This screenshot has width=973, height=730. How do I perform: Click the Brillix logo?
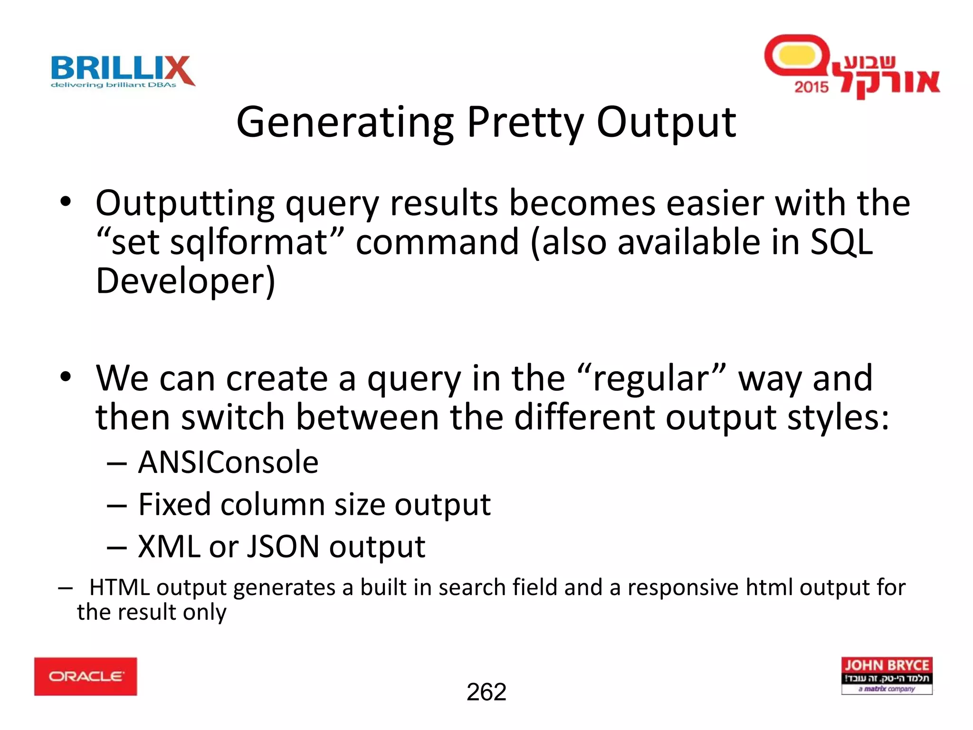(x=123, y=71)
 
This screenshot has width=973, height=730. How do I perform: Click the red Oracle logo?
(x=86, y=676)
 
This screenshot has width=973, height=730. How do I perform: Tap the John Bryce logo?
(x=887, y=675)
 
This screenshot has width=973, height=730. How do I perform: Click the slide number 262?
(x=486, y=692)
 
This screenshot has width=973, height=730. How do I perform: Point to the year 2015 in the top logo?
(x=811, y=87)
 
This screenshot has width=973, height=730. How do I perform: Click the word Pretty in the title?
(x=525, y=123)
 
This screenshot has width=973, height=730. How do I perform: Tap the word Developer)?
(x=185, y=281)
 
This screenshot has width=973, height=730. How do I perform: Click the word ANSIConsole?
(x=228, y=462)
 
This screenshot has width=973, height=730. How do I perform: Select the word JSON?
(x=283, y=547)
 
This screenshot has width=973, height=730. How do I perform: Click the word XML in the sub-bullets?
(x=169, y=547)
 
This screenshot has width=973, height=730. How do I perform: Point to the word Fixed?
(x=174, y=504)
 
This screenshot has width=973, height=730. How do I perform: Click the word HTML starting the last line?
(x=119, y=587)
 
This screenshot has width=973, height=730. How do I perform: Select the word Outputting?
(x=185, y=203)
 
